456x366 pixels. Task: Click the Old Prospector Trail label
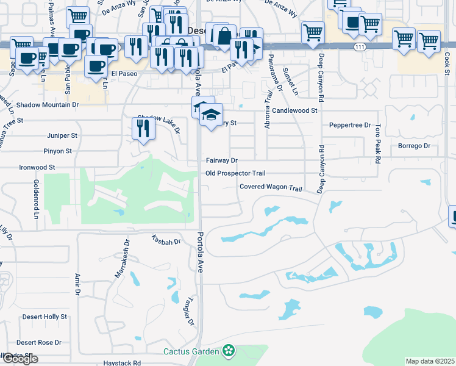click(235, 173)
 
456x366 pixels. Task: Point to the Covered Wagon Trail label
click(271, 187)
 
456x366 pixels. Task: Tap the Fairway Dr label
click(221, 160)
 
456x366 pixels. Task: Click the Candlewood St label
click(295, 111)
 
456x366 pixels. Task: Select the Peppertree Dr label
click(350, 125)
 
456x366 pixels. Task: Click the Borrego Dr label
click(414, 146)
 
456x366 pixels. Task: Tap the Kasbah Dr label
click(166, 242)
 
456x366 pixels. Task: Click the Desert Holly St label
click(45, 317)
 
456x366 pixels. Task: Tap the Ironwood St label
click(37, 167)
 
